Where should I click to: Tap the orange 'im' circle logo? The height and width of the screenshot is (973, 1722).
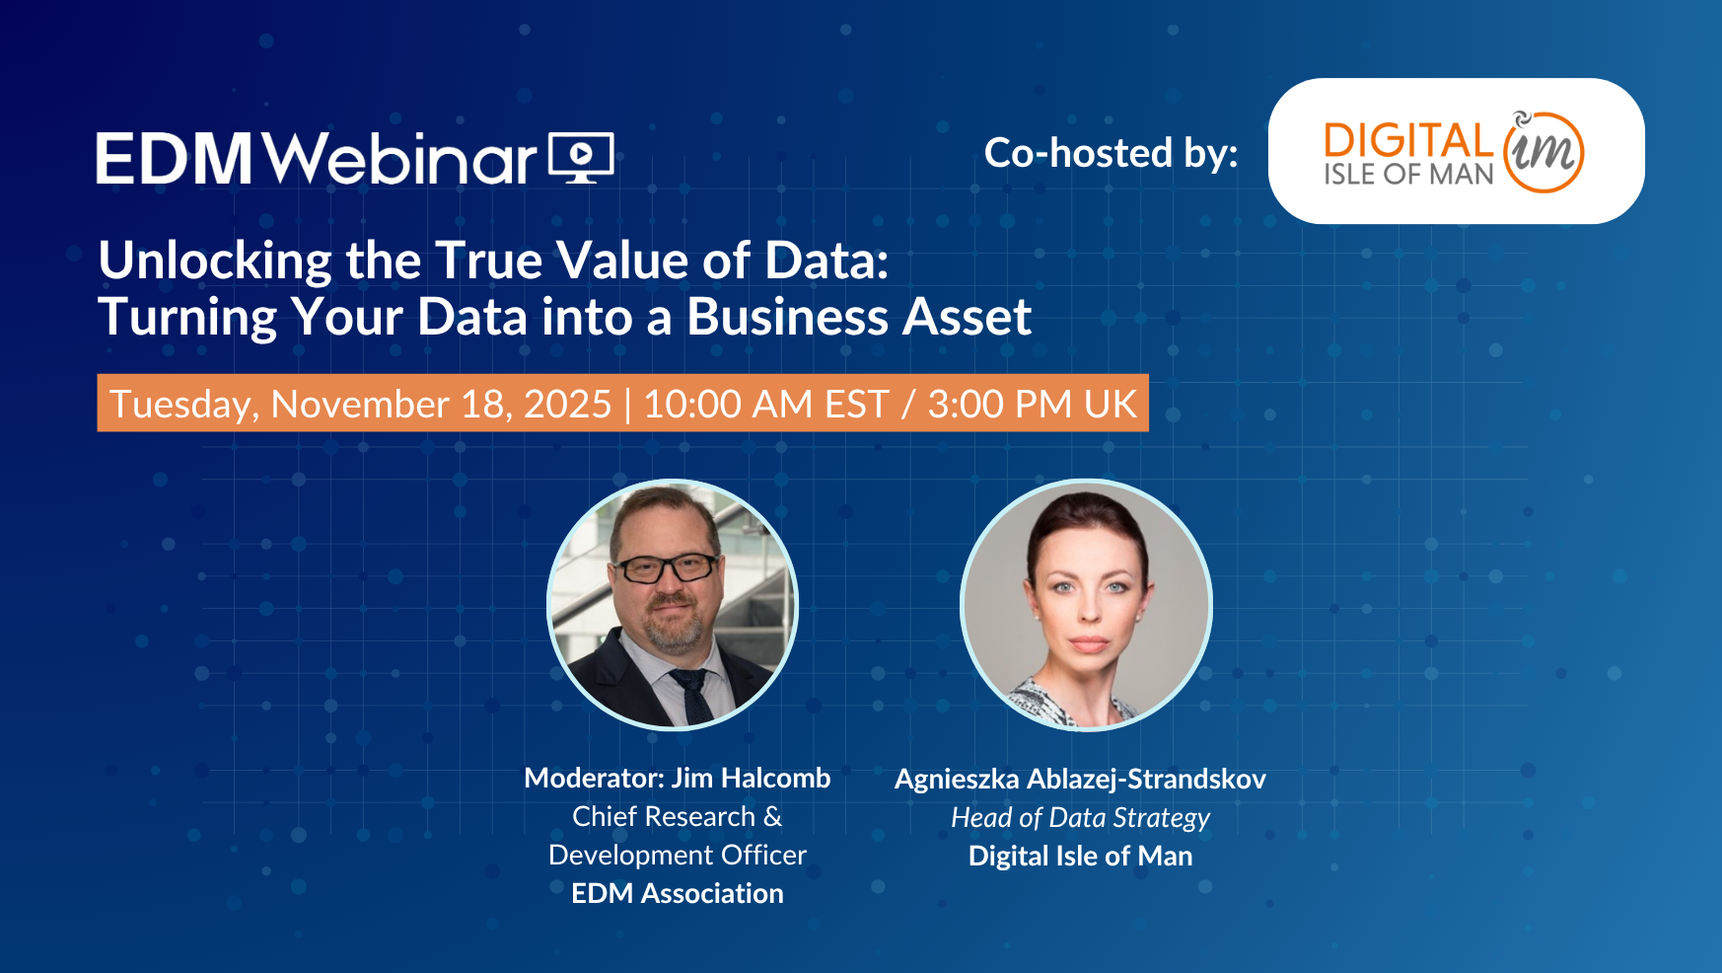pos(1543,152)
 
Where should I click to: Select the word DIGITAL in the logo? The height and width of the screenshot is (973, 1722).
pos(1409,141)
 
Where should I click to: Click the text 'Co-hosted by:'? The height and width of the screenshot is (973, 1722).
pos(1112,154)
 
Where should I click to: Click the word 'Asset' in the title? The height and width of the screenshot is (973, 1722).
pos(968,317)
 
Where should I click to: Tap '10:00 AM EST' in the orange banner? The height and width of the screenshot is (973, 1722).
pos(766,404)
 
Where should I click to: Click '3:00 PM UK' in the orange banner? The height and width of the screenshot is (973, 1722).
pos(1033,404)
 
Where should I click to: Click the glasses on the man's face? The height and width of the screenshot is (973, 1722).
pos(667,567)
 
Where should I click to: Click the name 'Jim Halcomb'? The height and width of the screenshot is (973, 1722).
pos(752,779)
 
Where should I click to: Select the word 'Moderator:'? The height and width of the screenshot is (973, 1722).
pos(595,779)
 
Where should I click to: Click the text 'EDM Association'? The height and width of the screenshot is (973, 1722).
pos(678,894)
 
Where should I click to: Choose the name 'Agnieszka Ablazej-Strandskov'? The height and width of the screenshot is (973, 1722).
pos(1080,780)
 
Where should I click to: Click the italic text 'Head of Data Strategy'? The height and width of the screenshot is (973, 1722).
pos(1080,818)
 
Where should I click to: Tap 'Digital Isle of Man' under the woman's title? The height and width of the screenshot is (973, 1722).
pos(1081,857)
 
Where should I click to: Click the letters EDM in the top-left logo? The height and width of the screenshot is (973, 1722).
pos(175,159)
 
